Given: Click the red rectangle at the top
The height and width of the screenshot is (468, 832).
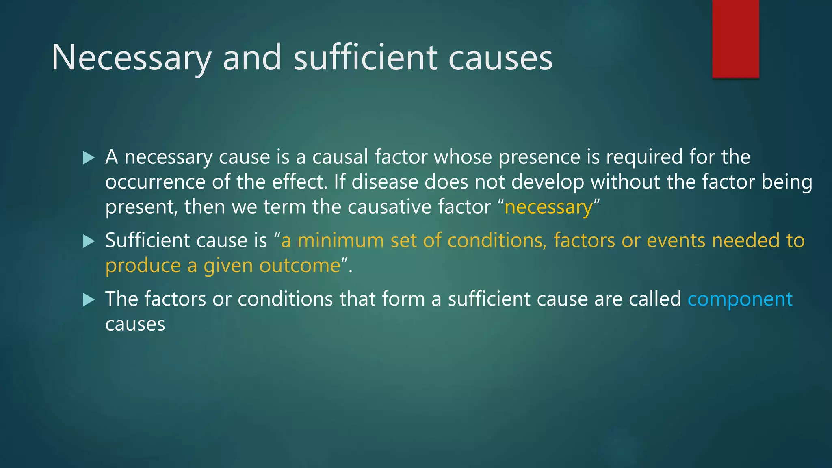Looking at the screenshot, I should click(x=735, y=39).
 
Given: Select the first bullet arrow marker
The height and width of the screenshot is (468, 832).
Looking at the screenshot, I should click(x=88, y=158).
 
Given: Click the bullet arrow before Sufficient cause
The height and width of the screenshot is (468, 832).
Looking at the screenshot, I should click(x=88, y=241).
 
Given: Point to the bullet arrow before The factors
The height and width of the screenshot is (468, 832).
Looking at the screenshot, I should click(x=88, y=300).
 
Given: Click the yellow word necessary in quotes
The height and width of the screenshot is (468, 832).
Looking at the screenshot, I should click(x=548, y=207).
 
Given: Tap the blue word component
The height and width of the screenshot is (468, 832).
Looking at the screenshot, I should click(x=740, y=299).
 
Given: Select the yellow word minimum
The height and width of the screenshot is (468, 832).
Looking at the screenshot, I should click(x=341, y=240).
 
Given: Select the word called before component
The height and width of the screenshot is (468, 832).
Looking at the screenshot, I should click(x=655, y=299).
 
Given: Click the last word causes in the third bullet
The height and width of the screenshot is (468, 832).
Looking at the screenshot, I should click(x=135, y=325).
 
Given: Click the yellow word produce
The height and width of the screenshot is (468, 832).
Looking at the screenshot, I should click(x=143, y=266).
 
